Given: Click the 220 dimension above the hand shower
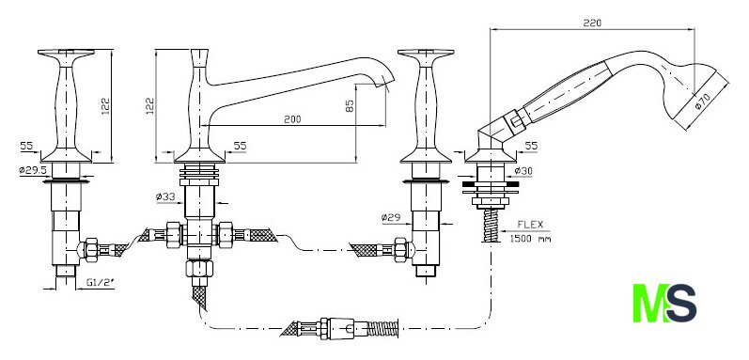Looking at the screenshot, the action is click(x=592, y=23).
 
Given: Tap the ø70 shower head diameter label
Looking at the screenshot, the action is click(x=703, y=101).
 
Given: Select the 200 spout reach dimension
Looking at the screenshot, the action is click(x=292, y=118).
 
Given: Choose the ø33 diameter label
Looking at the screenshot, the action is click(x=166, y=196).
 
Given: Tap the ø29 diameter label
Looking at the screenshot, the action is click(x=390, y=218).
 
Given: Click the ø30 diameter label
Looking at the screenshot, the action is click(x=523, y=171).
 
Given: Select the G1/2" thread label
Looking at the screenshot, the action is click(x=101, y=283).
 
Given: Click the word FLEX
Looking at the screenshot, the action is click(x=530, y=225).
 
